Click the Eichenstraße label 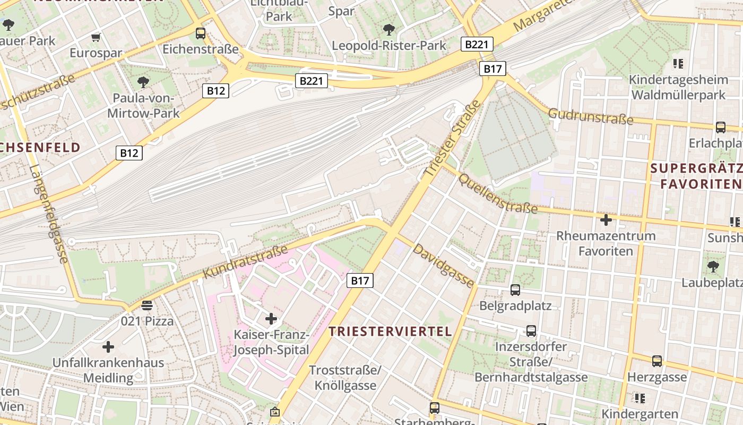[201, 49]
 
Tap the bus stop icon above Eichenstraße [201, 33]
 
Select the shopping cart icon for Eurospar [96, 37]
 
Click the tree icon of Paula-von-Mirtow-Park [143, 81]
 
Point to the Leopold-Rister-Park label [389, 46]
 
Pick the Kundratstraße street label [245, 261]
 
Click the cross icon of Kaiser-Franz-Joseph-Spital [271, 319]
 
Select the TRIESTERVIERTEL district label [390, 331]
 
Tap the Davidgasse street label [444, 266]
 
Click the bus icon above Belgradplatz [515, 290]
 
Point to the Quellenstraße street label [498, 193]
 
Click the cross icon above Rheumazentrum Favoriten [606, 219]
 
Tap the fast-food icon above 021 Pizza [147, 305]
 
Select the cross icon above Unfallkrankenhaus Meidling [108, 347]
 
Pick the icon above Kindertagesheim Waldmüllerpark [678, 64]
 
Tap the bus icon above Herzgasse [657, 361]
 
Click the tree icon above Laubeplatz [713, 266]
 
